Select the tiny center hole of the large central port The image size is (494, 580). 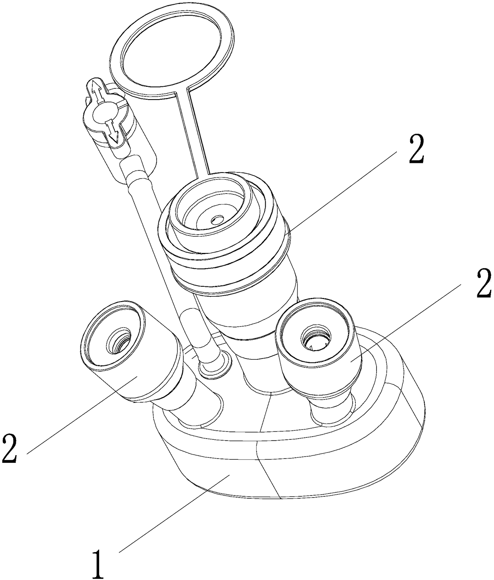(x=218, y=219)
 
